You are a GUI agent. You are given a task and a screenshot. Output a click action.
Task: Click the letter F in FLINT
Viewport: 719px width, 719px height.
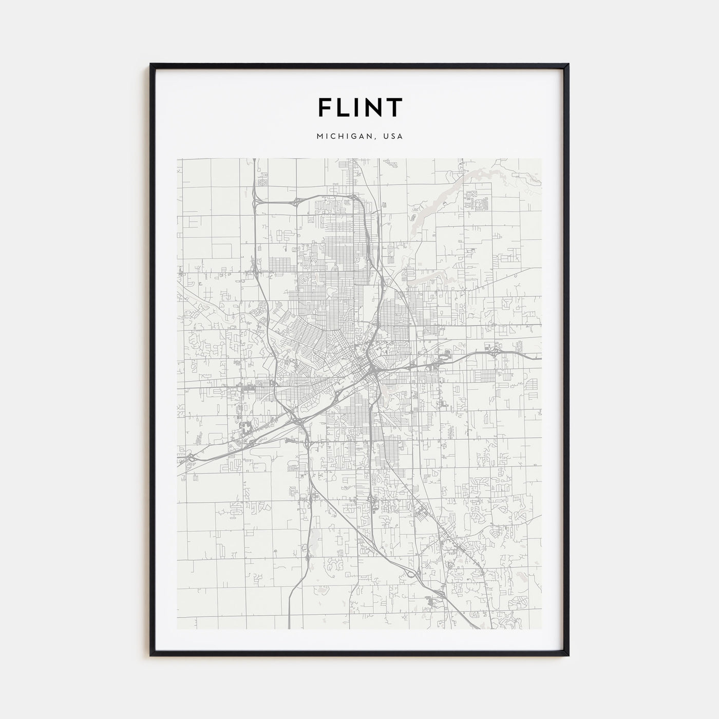point(325,107)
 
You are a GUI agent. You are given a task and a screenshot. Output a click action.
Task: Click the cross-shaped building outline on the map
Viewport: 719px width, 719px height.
point(249,426)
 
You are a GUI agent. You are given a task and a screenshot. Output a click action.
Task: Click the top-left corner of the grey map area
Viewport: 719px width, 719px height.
point(177,158)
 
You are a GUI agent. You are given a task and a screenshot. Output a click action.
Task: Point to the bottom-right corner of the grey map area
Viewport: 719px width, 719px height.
point(541,629)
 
